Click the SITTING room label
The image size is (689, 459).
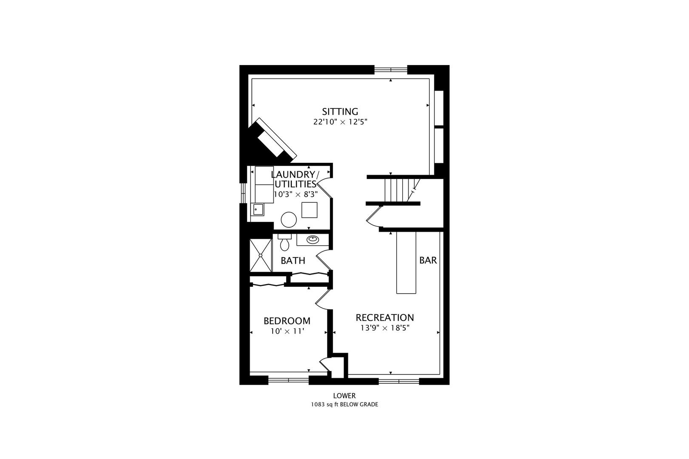coord(340,112)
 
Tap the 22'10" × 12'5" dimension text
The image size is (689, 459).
coord(340,122)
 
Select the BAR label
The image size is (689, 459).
coord(428,260)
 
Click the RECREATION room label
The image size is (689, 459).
coord(384,317)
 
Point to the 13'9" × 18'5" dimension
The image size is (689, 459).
coord(384,328)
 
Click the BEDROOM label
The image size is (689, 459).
coord(287,321)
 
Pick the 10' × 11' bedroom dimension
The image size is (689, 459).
coord(287,331)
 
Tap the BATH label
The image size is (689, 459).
coord(293,261)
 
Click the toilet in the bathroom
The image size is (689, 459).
coord(284,243)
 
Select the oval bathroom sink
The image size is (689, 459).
coord(313,240)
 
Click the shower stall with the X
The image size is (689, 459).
coord(260,255)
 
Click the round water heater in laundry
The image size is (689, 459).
coord(289,220)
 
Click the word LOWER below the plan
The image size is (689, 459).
coord(344,396)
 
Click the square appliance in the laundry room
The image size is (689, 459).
coord(309,210)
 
